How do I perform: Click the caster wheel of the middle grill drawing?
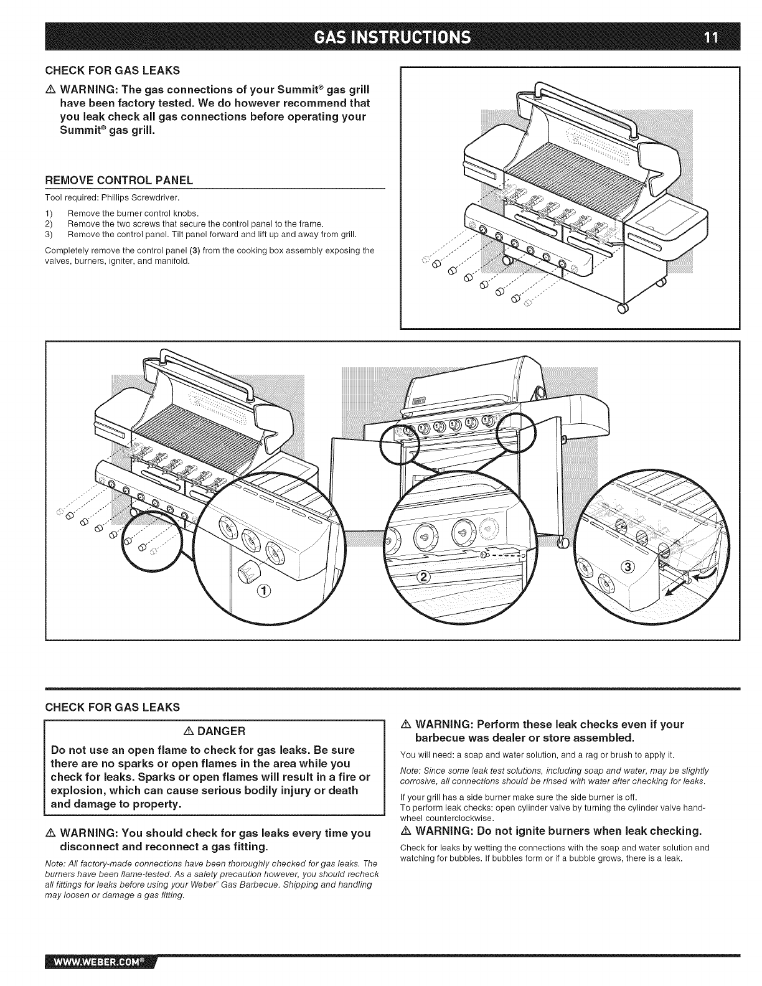563,542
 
